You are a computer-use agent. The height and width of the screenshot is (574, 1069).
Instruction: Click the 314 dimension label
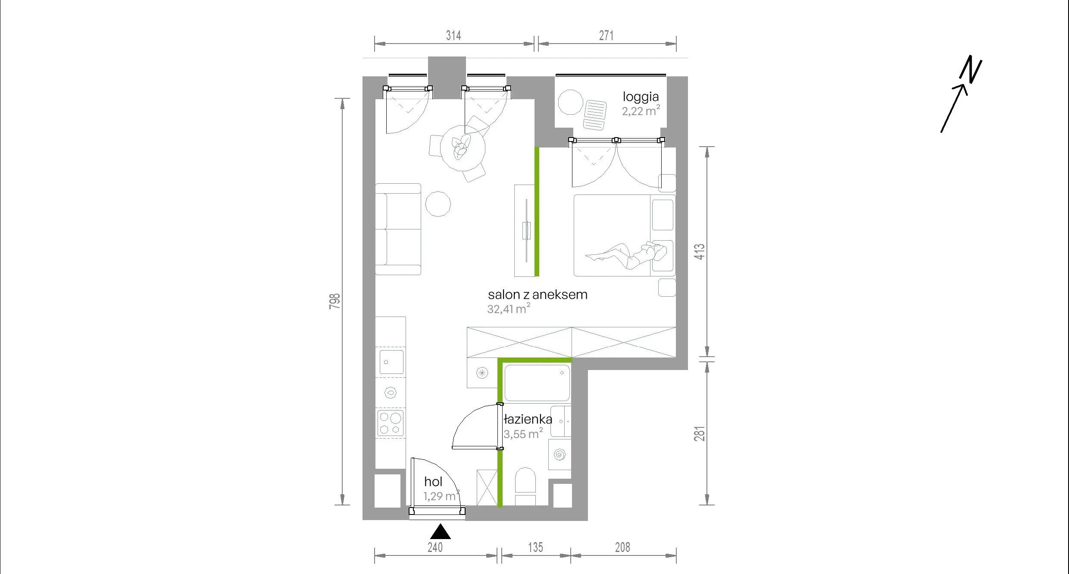(x=453, y=35)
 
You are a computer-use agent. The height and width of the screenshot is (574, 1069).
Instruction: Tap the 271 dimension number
(x=606, y=35)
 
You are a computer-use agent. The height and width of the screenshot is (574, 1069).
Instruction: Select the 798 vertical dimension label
(x=335, y=301)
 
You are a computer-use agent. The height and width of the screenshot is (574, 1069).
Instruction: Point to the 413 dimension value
(x=700, y=251)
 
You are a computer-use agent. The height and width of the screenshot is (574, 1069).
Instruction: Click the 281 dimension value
(x=700, y=433)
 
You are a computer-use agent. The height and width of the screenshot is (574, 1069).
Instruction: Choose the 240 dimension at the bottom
(x=435, y=547)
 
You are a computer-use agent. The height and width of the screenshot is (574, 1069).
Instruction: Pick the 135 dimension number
(x=535, y=547)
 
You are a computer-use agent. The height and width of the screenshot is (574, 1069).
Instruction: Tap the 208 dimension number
(x=622, y=547)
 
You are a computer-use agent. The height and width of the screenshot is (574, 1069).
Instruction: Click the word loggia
(x=641, y=97)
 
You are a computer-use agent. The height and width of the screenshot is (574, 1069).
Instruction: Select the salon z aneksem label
(x=538, y=295)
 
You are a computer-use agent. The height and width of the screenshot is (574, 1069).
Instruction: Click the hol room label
(x=433, y=482)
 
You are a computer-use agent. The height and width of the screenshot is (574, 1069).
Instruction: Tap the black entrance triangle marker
(x=441, y=532)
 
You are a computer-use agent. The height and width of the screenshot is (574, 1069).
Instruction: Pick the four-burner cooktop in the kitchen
(x=391, y=423)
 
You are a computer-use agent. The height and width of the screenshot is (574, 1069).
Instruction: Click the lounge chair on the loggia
(x=595, y=115)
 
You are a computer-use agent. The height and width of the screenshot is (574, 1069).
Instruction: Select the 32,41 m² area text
(x=509, y=309)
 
